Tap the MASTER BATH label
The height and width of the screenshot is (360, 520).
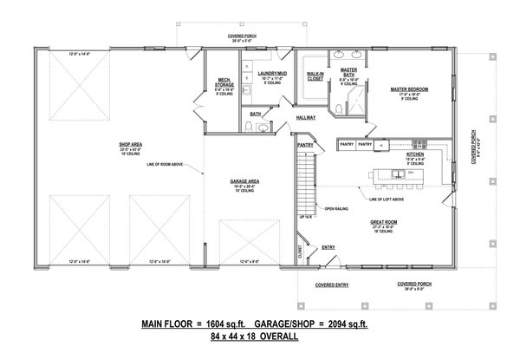pos(349,72)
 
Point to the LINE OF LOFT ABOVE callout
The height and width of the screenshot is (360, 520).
pos(388,201)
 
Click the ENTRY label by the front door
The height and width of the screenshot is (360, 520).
pos(328,248)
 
